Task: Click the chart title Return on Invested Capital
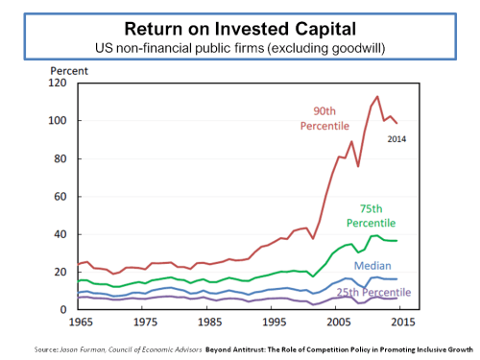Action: click(x=239, y=28)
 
